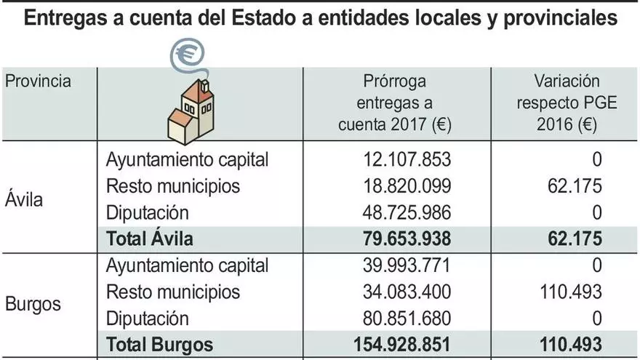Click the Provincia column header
pos(39,80)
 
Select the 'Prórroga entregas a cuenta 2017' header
pos(396,103)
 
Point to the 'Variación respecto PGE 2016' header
pos(567,103)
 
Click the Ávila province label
pos(24,199)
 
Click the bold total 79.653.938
pos(405,239)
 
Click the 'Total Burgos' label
pos(160,345)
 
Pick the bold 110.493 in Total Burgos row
pos(569,345)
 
